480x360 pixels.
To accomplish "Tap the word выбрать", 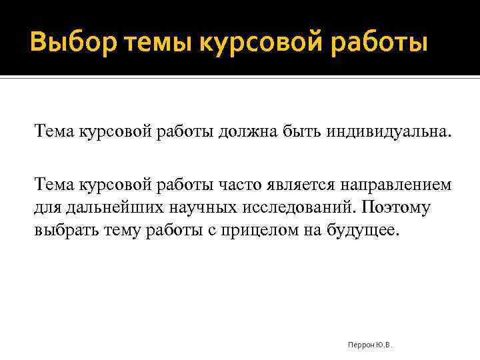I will click(63, 231).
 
